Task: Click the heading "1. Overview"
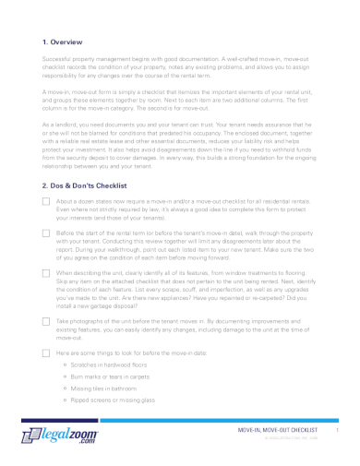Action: [x=63, y=42]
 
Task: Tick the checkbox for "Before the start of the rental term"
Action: [x=45, y=234]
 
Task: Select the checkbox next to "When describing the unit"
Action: [x=45, y=274]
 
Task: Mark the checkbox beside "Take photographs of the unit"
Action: [x=45, y=321]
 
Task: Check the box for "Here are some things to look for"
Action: [x=45, y=353]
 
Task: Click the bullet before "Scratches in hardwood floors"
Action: [x=64, y=365]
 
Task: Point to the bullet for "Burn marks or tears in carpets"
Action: [x=64, y=377]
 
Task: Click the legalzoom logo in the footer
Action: [x=60, y=436]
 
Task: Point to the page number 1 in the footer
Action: [x=338, y=431]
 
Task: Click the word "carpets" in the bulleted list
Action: [x=136, y=377]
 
